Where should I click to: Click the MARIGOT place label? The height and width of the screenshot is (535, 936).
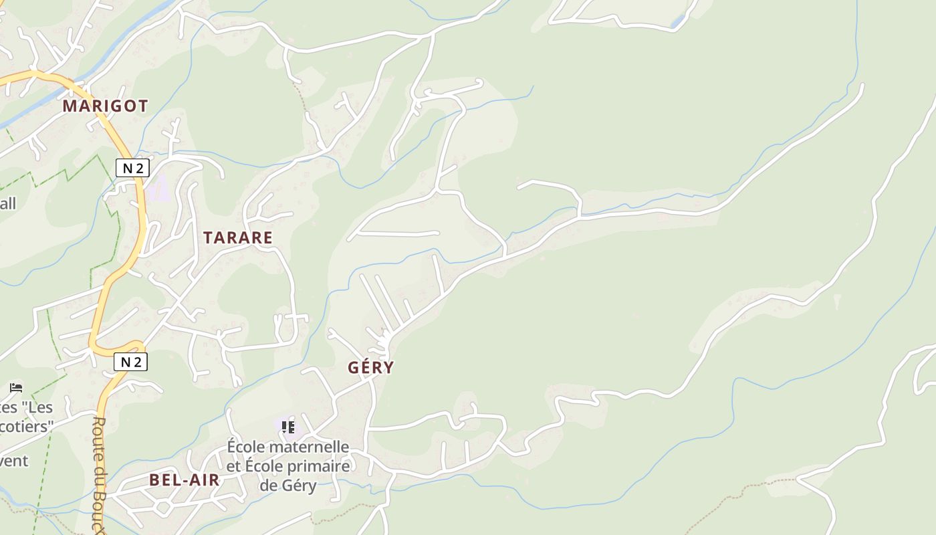pyautogui.click(x=105, y=106)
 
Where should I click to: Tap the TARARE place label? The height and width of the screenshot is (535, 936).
pyautogui.click(x=238, y=237)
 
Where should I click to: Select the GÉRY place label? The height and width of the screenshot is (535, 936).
pyautogui.click(x=371, y=367)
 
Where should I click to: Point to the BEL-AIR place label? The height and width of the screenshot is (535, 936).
pyautogui.click(x=185, y=479)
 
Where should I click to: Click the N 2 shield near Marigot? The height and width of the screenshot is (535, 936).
pyautogui.click(x=132, y=168)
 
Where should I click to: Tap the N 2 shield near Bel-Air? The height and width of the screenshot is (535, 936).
pyautogui.click(x=130, y=362)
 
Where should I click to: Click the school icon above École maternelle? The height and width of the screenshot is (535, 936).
pyautogui.click(x=288, y=427)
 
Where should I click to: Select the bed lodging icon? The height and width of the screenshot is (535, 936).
pyautogui.click(x=16, y=387)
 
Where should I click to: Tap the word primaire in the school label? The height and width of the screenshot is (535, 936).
pyautogui.click(x=318, y=465)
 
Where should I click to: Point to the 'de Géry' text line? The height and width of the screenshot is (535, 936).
pyautogui.click(x=288, y=485)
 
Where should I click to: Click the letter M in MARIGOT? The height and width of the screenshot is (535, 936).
pyautogui.click(x=70, y=106)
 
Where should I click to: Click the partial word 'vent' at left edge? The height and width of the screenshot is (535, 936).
pyautogui.click(x=14, y=460)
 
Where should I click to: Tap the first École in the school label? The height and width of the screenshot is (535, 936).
pyautogui.click(x=247, y=446)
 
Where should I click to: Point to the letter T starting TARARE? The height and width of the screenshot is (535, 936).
pyautogui.click(x=207, y=237)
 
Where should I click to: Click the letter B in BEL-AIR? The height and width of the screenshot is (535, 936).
pyautogui.click(x=154, y=479)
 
